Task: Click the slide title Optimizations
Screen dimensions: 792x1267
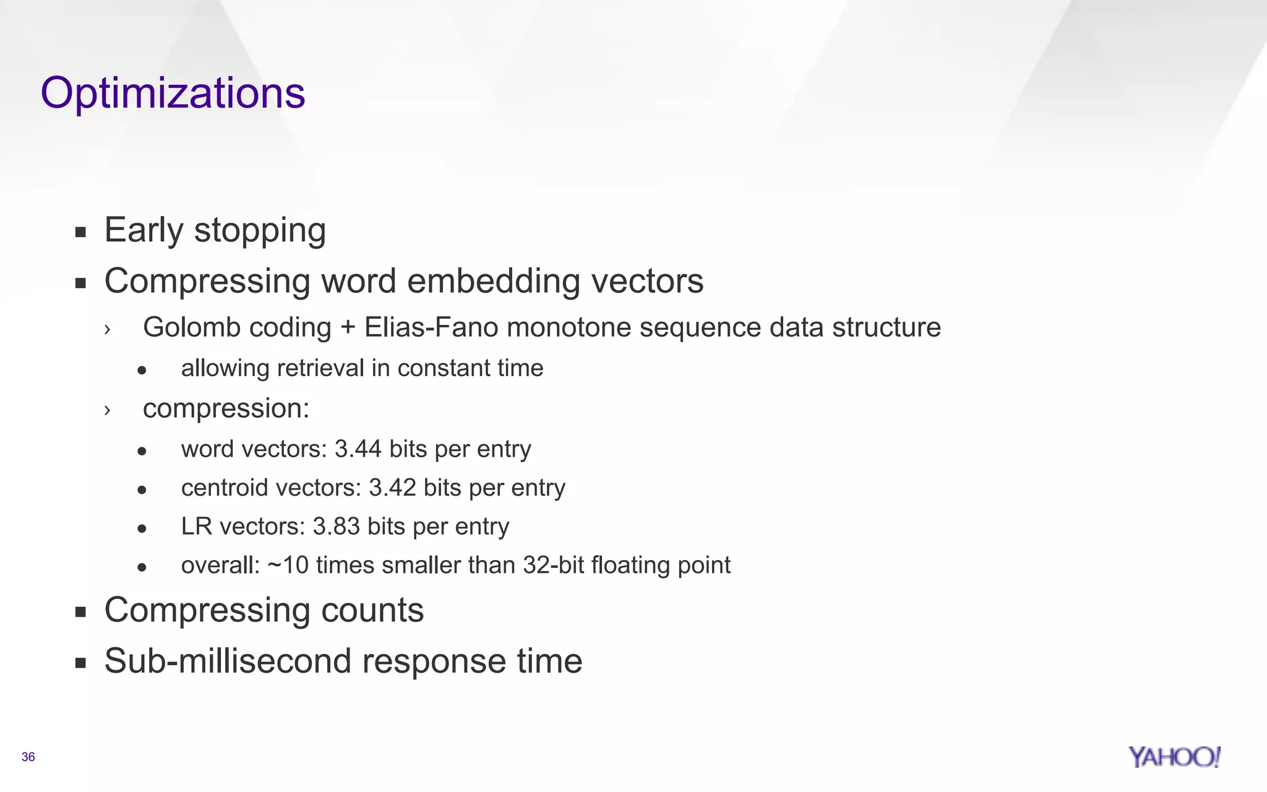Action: point(173,93)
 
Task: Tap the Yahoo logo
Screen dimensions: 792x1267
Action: point(1174,757)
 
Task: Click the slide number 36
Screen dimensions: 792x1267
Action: point(28,757)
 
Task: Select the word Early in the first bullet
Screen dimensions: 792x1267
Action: point(144,230)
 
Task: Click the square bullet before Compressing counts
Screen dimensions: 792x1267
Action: point(80,612)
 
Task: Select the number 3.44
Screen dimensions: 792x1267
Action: point(358,449)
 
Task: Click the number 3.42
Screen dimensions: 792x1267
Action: point(392,488)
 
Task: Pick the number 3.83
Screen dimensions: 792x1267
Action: point(337,527)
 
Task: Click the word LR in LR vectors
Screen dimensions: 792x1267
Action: point(196,527)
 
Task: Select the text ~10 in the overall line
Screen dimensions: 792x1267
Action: point(288,565)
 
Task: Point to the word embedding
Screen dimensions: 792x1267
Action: point(493,282)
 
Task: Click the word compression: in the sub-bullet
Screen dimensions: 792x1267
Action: point(226,408)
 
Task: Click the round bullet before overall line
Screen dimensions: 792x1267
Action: point(142,566)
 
